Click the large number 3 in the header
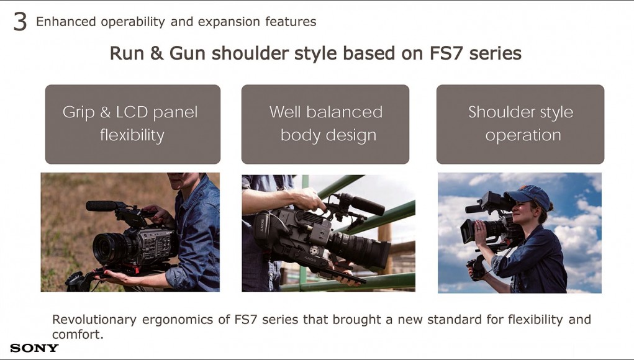(x=20, y=22)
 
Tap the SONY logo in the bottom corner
(x=34, y=348)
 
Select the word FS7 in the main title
(x=445, y=53)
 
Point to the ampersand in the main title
(x=156, y=53)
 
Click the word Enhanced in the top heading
(x=66, y=22)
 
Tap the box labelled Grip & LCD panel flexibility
(x=133, y=124)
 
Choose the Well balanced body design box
(x=325, y=124)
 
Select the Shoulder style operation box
(x=520, y=124)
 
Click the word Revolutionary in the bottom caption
(x=94, y=320)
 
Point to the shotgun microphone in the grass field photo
(x=101, y=206)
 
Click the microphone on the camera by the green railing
(x=361, y=204)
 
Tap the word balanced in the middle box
(x=344, y=112)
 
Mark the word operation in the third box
(x=523, y=135)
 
